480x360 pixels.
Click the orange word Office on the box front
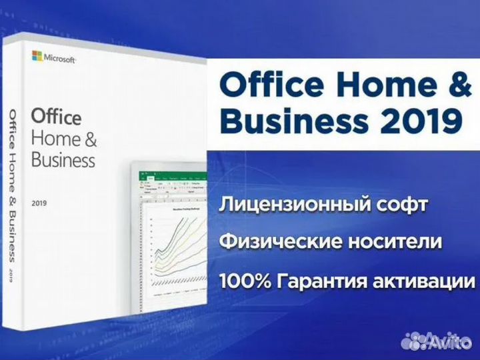click(x=57, y=117)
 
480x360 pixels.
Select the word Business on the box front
click(x=63, y=160)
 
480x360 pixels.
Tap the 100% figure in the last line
click(x=243, y=281)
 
